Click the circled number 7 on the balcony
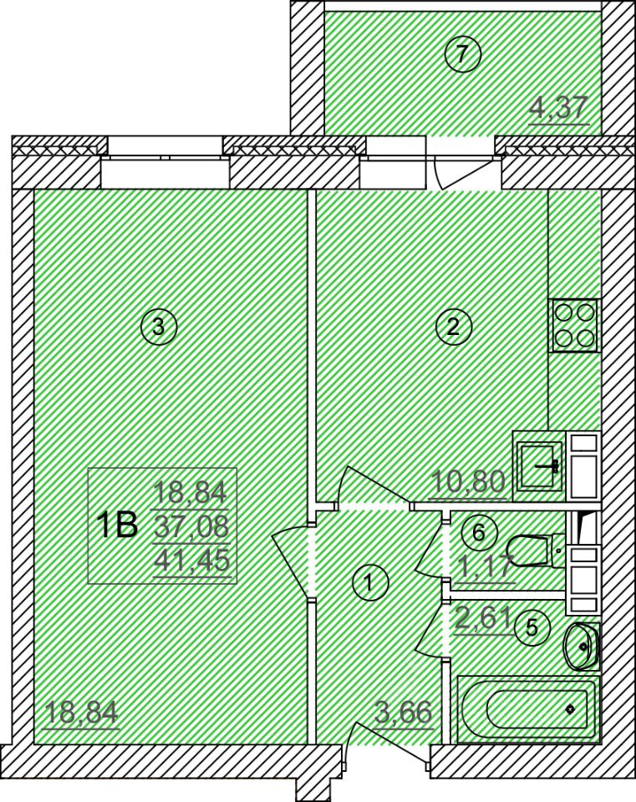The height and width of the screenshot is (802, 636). (x=462, y=53)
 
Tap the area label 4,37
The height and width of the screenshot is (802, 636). (x=558, y=109)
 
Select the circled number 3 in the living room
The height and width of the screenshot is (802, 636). (x=159, y=326)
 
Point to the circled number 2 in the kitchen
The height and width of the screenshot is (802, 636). (x=453, y=326)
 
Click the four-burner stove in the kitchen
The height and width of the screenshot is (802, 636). (x=575, y=325)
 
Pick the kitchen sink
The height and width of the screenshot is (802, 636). (x=537, y=465)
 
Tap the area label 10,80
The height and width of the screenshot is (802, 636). (x=469, y=481)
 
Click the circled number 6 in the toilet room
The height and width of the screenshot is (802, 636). (x=479, y=532)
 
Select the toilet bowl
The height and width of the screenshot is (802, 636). (x=538, y=551)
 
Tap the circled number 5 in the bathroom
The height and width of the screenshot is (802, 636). (x=532, y=627)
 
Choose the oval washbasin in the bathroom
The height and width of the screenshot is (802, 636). (x=581, y=646)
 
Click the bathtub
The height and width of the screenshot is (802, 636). (x=527, y=708)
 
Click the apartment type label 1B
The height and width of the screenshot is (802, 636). (x=119, y=525)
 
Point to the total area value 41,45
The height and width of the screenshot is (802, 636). (x=192, y=561)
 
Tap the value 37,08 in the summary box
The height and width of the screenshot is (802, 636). (x=192, y=526)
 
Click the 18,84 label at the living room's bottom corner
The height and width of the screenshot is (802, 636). (x=82, y=712)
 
